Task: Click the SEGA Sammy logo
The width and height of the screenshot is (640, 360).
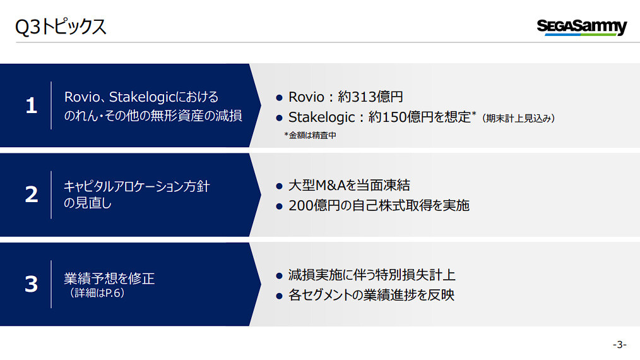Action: point(582,27)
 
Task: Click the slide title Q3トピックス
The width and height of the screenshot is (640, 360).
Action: point(61,27)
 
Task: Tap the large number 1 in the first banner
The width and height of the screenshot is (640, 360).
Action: point(32,105)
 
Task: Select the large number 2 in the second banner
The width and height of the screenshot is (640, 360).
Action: point(32,195)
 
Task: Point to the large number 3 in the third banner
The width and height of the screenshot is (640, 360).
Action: point(32,284)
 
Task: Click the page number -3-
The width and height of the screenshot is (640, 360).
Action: point(619,344)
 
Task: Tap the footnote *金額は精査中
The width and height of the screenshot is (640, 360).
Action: point(310,135)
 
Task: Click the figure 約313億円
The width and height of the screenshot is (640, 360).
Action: point(370,97)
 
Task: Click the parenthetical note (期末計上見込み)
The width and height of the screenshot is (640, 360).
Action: point(518,119)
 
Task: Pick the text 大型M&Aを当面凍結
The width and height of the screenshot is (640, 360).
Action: point(349,186)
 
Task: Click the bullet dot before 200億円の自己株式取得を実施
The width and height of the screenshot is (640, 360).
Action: point(279,207)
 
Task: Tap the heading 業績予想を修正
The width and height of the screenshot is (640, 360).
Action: point(109,279)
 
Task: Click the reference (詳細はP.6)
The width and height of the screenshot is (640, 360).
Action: point(97,293)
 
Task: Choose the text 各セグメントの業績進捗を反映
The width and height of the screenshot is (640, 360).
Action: point(371,295)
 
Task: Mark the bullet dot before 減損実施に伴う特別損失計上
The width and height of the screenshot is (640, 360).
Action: point(279,276)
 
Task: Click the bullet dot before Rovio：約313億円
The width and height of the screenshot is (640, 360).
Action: point(279,98)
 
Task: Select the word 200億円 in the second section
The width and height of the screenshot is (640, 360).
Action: point(314,205)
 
